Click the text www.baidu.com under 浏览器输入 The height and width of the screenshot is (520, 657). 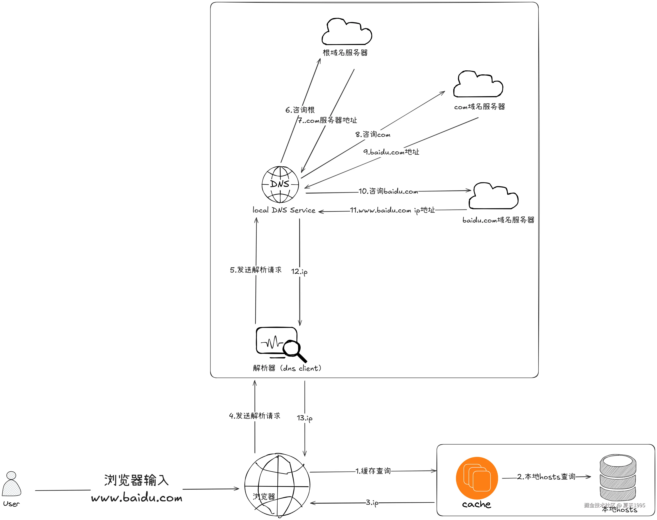point(137,498)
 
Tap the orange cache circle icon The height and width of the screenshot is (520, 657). point(477,478)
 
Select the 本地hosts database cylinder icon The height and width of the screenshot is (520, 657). point(618,478)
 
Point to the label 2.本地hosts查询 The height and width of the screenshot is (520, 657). point(546,477)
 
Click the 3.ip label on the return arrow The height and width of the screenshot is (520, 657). point(372,502)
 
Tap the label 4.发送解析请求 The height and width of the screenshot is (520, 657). point(255,416)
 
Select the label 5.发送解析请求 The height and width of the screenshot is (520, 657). point(256,270)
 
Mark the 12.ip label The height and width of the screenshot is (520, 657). point(299,272)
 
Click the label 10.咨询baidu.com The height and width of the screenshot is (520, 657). point(388,191)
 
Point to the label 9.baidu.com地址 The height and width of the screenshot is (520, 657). point(391,152)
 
